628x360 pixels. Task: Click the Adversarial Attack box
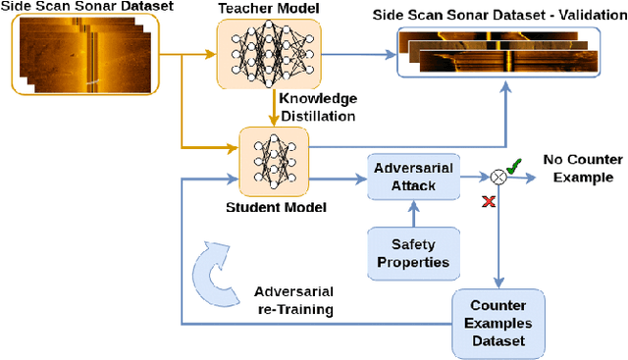pyautogui.click(x=414, y=178)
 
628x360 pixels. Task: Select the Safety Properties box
pyautogui.click(x=414, y=252)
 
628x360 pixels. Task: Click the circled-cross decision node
pyautogui.click(x=498, y=178)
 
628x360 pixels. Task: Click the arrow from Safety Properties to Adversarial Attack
pyautogui.click(x=414, y=213)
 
